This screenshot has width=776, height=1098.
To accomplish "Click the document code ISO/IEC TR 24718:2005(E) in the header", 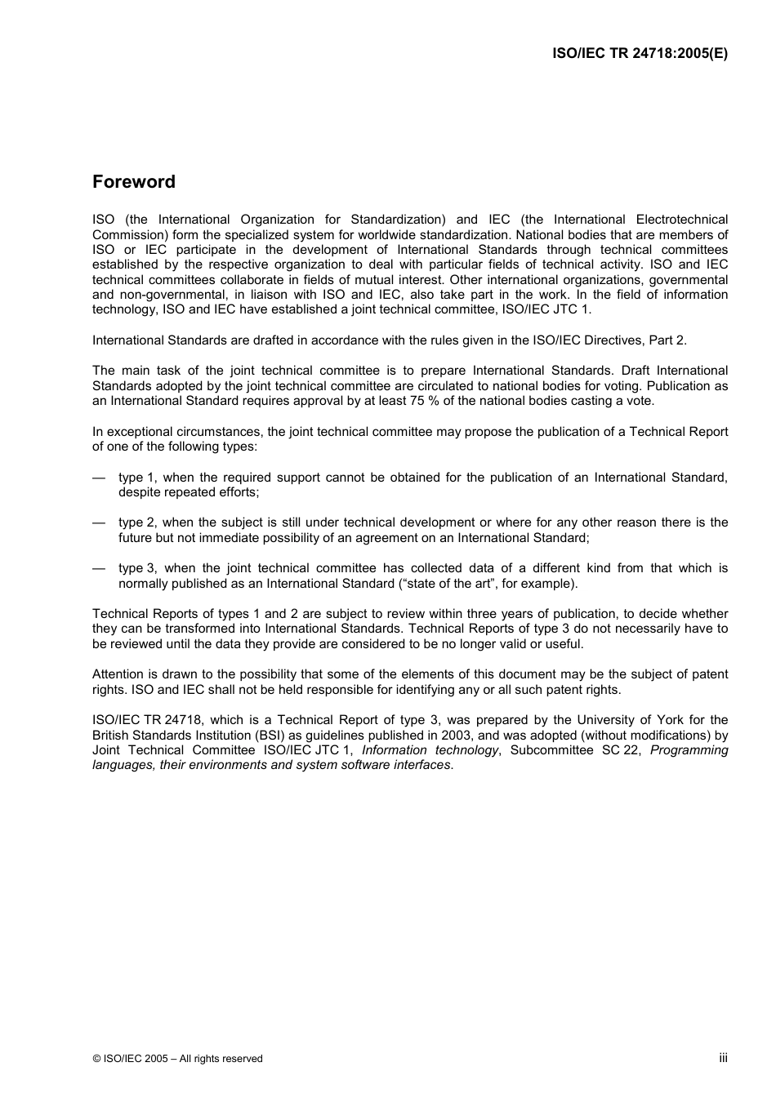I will pyautogui.click(x=640, y=54).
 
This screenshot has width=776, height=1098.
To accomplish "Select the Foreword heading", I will pyautogui.click(x=133, y=182).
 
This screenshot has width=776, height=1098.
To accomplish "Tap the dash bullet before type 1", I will pyautogui.click(x=99, y=478).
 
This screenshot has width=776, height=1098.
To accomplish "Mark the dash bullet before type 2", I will pyautogui.click(x=99, y=522).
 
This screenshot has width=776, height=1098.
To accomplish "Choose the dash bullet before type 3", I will pyautogui.click(x=99, y=568).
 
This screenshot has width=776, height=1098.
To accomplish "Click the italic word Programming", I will pyautogui.click(x=689, y=750).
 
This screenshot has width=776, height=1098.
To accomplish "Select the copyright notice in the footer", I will pyautogui.click(x=177, y=1059).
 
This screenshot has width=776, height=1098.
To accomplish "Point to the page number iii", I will pyautogui.click(x=723, y=1058).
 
